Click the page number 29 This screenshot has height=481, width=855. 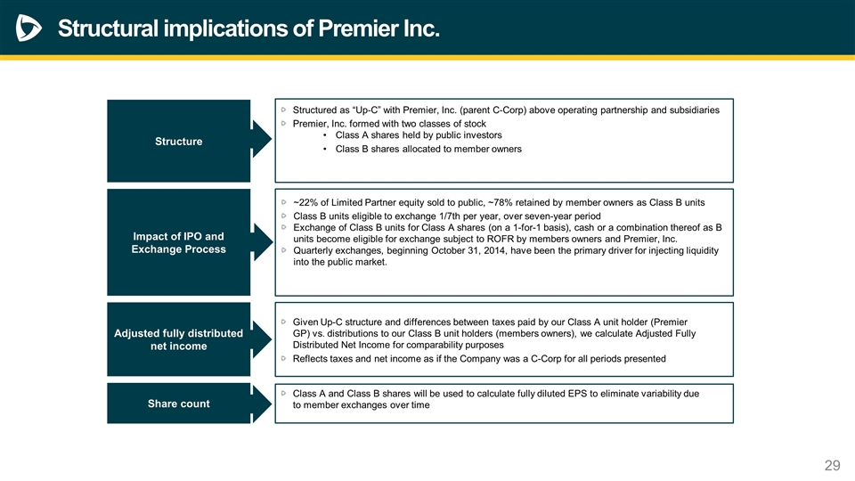tap(833, 465)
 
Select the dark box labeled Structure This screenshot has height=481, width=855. tap(178, 141)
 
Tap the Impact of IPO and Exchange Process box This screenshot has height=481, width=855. tap(178, 242)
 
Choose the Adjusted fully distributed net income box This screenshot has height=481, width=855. tap(178, 339)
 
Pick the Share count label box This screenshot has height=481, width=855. tap(178, 404)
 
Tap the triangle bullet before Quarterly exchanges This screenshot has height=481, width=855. tap(283, 250)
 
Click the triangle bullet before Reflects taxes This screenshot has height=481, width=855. tap(283, 358)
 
